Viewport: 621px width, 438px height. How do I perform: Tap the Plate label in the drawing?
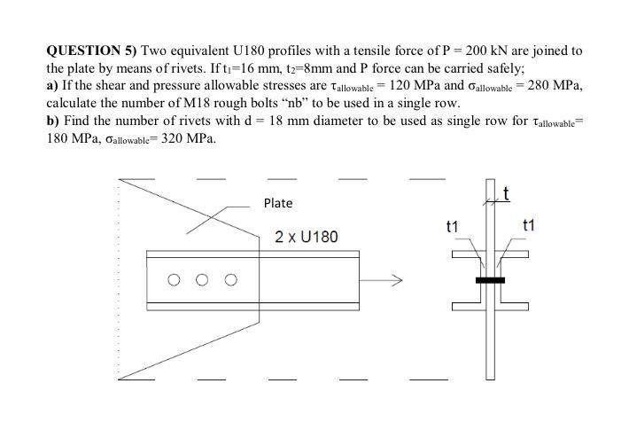coord(277,203)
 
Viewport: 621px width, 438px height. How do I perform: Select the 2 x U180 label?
coord(306,238)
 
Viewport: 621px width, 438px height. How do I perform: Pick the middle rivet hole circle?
coord(202,280)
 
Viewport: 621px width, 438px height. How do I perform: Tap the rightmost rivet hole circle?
coord(230,280)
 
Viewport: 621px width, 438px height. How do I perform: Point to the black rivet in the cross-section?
coord(490,280)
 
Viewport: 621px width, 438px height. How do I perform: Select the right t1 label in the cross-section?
coord(530,226)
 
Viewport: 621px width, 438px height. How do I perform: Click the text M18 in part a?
coord(189,103)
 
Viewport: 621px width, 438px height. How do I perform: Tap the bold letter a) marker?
coord(52,86)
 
